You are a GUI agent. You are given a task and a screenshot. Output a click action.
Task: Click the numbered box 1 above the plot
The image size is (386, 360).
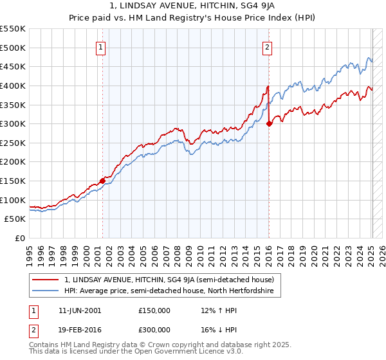click(102, 46)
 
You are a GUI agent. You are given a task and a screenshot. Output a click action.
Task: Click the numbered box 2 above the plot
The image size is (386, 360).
click(267, 46)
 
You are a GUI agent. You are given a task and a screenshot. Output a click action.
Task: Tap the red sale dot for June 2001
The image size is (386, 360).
click(102, 181)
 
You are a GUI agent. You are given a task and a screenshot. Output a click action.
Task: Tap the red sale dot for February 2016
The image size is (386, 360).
click(269, 124)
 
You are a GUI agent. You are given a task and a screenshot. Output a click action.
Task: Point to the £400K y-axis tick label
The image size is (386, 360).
click(14, 85)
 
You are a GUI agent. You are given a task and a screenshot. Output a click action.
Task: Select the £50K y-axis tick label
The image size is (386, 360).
click(16, 219)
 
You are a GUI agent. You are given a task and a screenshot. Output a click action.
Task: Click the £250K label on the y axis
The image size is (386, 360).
click(14, 143)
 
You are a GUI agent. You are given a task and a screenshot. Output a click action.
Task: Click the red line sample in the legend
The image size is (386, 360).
click(46, 280)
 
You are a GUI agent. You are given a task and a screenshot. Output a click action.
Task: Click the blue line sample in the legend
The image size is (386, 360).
click(46, 291)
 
